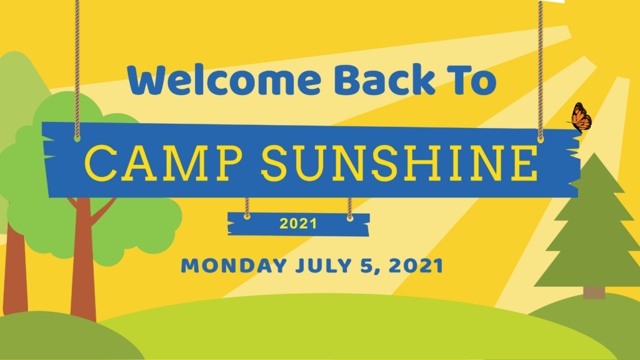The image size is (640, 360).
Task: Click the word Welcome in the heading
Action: pyautogui.click(x=224, y=79)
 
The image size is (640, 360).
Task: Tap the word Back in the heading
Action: pyautogui.click(x=385, y=79)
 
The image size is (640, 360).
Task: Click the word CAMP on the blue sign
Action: pyautogui.click(x=163, y=163)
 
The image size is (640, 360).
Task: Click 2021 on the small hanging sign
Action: pyautogui.click(x=298, y=224)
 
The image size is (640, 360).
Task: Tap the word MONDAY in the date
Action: pyautogui.click(x=234, y=266)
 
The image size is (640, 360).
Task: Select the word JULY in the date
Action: pyautogui.click(x=324, y=266)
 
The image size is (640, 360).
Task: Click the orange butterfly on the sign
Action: pyautogui.click(x=580, y=117)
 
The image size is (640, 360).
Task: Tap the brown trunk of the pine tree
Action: pyautogui.click(x=594, y=292)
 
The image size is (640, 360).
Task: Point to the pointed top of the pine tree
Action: pyautogui.click(x=594, y=154)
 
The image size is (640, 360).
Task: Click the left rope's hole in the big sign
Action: pyautogui.click(x=77, y=139)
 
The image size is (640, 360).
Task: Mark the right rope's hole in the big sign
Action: pyautogui.click(x=541, y=139)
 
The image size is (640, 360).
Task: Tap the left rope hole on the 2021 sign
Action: pyautogui.click(x=247, y=216)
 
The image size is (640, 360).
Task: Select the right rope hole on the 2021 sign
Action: pyautogui.click(x=350, y=218)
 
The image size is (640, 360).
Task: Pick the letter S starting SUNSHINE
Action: pyautogui.click(x=276, y=163)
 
